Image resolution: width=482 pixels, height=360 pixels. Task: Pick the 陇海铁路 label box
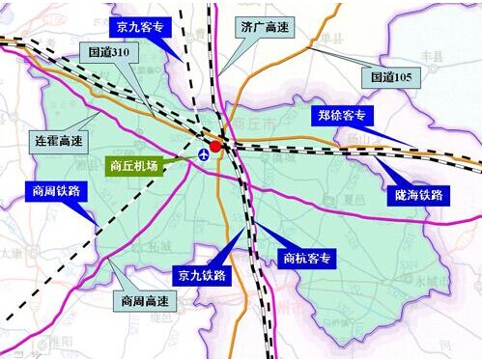coord(417,195)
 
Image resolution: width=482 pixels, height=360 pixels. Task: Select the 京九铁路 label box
coord(200,275)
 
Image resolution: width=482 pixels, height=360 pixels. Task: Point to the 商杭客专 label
coord(307,258)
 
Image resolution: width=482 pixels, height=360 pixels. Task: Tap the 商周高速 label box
coord(144,301)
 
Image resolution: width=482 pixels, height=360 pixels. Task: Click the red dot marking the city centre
coord(216,146)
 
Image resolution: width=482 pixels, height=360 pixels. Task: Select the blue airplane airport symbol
coord(204,154)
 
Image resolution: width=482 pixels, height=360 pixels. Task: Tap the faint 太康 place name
coord(11,253)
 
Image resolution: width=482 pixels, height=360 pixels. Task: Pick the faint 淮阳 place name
coord(60,340)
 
